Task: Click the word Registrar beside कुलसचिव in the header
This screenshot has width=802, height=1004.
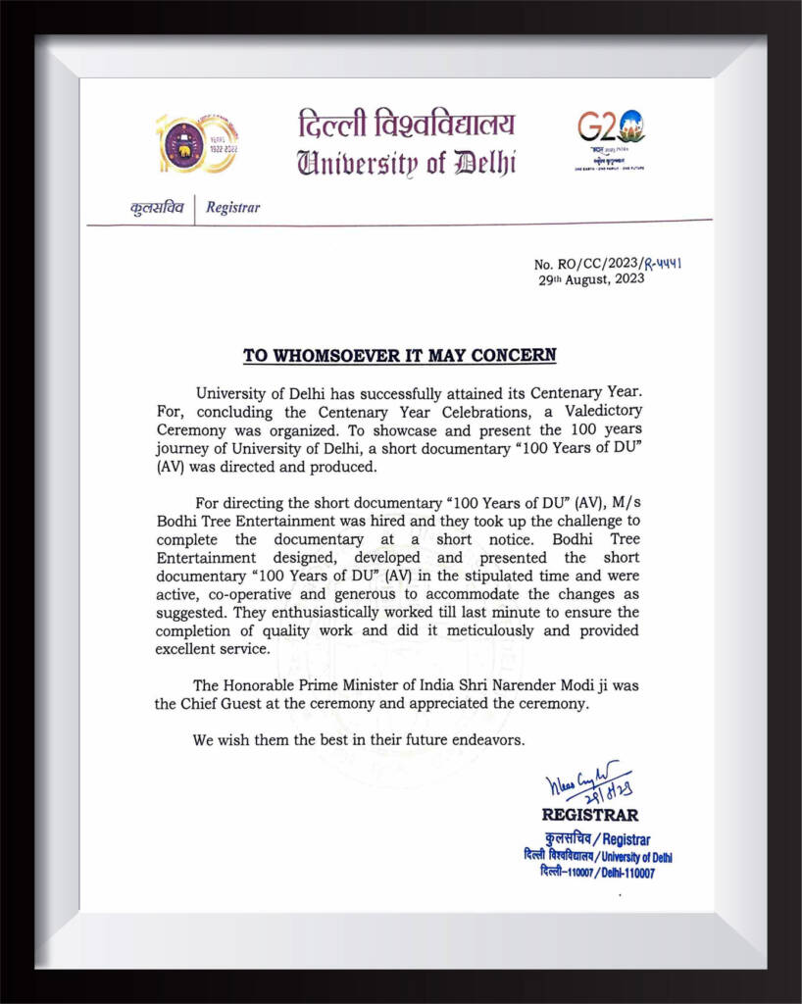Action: point(233,207)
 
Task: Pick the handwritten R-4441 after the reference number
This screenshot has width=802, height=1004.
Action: point(663,263)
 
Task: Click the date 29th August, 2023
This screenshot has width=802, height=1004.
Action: point(591,279)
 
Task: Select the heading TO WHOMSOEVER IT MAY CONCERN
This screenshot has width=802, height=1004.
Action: point(399,355)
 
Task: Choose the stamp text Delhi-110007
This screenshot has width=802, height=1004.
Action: point(625,873)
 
